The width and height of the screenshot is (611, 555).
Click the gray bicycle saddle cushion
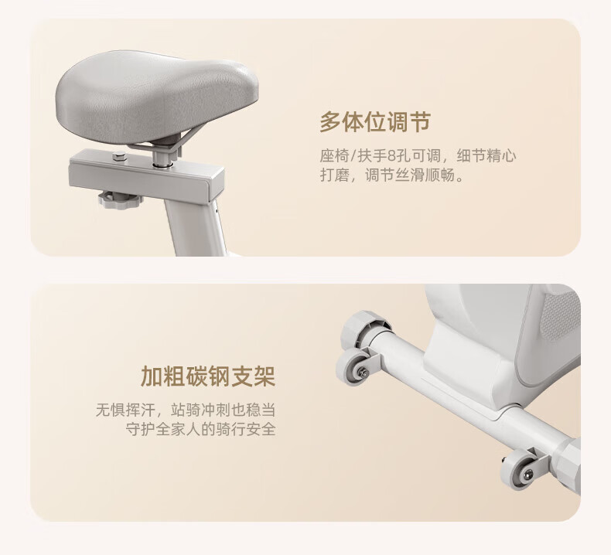click(156, 95)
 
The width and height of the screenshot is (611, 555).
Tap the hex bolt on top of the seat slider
click(120, 157)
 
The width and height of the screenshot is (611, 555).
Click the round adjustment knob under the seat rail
click(115, 199)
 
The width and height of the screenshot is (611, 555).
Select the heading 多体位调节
click(375, 121)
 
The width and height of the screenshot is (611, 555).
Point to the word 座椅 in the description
click(334, 156)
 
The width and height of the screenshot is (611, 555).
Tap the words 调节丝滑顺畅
click(411, 175)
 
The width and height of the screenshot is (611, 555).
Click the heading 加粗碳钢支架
click(208, 376)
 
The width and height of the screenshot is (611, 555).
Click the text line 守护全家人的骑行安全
click(200, 429)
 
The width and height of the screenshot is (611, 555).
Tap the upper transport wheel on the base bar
click(352, 366)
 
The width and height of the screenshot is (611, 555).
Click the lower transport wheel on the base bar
click(518, 468)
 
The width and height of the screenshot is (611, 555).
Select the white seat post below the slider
click(196, 228)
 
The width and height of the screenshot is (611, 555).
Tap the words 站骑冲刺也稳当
click(223, 410)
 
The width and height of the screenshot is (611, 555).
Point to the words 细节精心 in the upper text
click(486, 156)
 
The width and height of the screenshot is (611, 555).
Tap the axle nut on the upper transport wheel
click(364, 373)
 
